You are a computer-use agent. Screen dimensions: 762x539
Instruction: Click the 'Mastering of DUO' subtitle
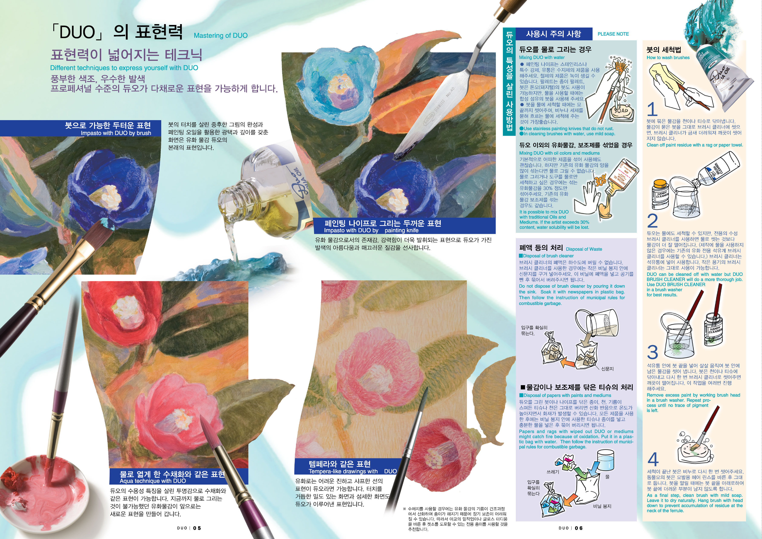click(221, 36)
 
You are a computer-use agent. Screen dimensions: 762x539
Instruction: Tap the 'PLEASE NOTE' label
click(613, 34)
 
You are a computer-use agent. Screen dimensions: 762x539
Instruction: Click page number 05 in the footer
click(197, 528)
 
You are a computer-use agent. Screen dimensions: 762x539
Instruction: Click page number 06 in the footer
click(579, 528)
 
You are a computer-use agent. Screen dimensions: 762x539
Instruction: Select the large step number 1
click(652, 109)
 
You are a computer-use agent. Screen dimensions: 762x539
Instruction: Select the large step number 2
click(652, 220)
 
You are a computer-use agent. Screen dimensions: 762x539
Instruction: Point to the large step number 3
click(652, 352)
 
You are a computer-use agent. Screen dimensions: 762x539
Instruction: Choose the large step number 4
click(653, 459)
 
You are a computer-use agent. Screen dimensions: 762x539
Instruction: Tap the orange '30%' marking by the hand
click(600, 181)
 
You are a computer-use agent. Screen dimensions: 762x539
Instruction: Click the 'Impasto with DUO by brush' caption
click(116, 133)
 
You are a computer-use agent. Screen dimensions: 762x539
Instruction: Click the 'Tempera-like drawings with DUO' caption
click(353, 471)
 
